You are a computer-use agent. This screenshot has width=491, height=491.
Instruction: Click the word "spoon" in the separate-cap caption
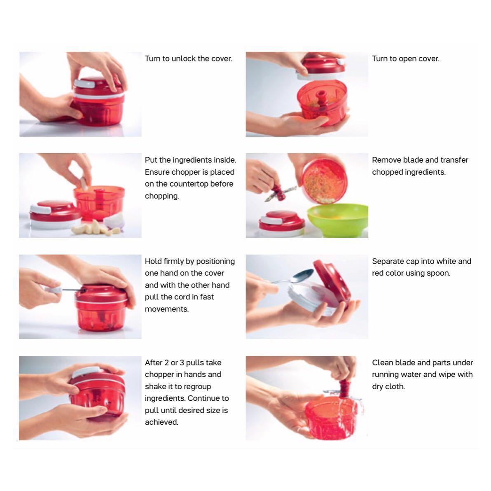pos(439,273)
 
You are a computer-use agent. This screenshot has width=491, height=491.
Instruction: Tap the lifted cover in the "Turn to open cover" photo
pos(319,68)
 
